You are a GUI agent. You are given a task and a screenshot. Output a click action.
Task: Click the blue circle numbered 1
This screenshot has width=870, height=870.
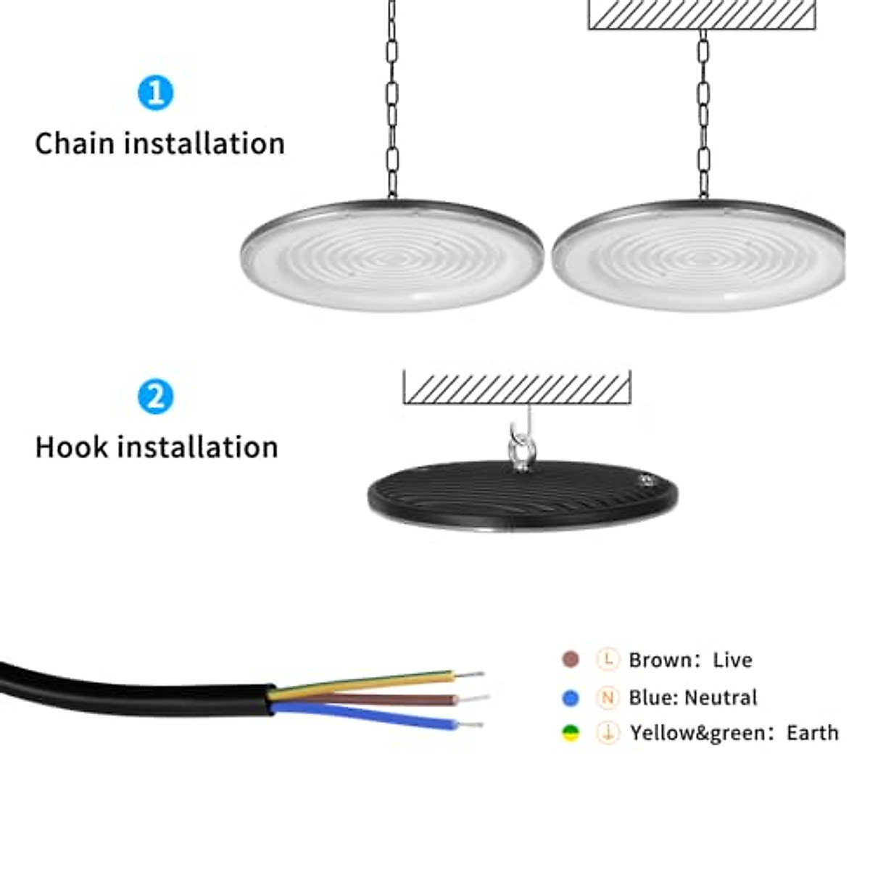pos(155,93)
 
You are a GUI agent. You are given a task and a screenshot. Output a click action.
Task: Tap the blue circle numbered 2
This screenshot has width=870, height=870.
pos(155,397)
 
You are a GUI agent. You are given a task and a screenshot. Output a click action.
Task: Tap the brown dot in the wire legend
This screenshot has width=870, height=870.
pos(571,660)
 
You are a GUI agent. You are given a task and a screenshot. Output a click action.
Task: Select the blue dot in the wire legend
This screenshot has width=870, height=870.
pos(571,697)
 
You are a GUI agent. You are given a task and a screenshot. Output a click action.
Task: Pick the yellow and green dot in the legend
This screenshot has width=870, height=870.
pos(571,734)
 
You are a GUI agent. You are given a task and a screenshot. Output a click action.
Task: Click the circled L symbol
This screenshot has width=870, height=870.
pos(608,660)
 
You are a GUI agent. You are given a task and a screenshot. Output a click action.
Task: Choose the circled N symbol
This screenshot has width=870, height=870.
pos(608,697)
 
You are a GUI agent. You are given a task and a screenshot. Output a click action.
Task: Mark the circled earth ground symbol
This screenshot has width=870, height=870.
pos(608,734)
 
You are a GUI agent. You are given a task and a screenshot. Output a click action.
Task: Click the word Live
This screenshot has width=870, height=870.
pos(732,660)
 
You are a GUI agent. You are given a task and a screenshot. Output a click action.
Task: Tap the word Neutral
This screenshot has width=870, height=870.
pos(721,697)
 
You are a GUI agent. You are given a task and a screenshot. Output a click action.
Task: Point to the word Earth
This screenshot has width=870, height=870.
pos(812,733)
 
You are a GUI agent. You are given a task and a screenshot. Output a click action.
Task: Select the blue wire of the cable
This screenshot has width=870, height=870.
pos(377,716)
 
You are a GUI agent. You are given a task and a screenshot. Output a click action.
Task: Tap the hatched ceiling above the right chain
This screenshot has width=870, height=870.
pos(702,14)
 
